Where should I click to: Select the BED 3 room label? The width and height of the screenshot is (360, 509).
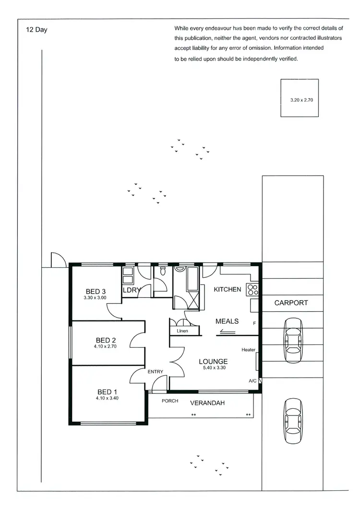point(96,291)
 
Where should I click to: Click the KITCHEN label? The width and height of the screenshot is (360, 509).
point(227,289)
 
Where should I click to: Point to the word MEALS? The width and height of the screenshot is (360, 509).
point(227,321)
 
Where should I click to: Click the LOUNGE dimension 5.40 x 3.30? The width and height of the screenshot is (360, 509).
point(214,368)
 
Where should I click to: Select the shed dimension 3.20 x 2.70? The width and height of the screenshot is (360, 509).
point(301,100)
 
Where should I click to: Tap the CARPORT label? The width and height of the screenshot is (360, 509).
point(291,303)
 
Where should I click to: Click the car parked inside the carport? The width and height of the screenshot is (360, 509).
point(293,341)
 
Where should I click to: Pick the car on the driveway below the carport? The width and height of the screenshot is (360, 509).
point(293,415)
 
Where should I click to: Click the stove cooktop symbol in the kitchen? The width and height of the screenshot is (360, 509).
point(253,289)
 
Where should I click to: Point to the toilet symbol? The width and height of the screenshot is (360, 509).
point(163,272)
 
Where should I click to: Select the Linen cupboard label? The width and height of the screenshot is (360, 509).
point(182,331)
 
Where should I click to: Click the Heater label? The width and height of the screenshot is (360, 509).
point(248,350)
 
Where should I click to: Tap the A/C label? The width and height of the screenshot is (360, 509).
point(252,381)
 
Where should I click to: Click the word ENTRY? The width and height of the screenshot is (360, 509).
point(155,371)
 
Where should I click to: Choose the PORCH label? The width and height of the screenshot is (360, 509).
point(170,401)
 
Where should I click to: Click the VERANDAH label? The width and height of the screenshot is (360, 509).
point(207,402)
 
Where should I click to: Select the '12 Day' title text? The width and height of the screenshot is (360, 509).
point(37,30)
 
